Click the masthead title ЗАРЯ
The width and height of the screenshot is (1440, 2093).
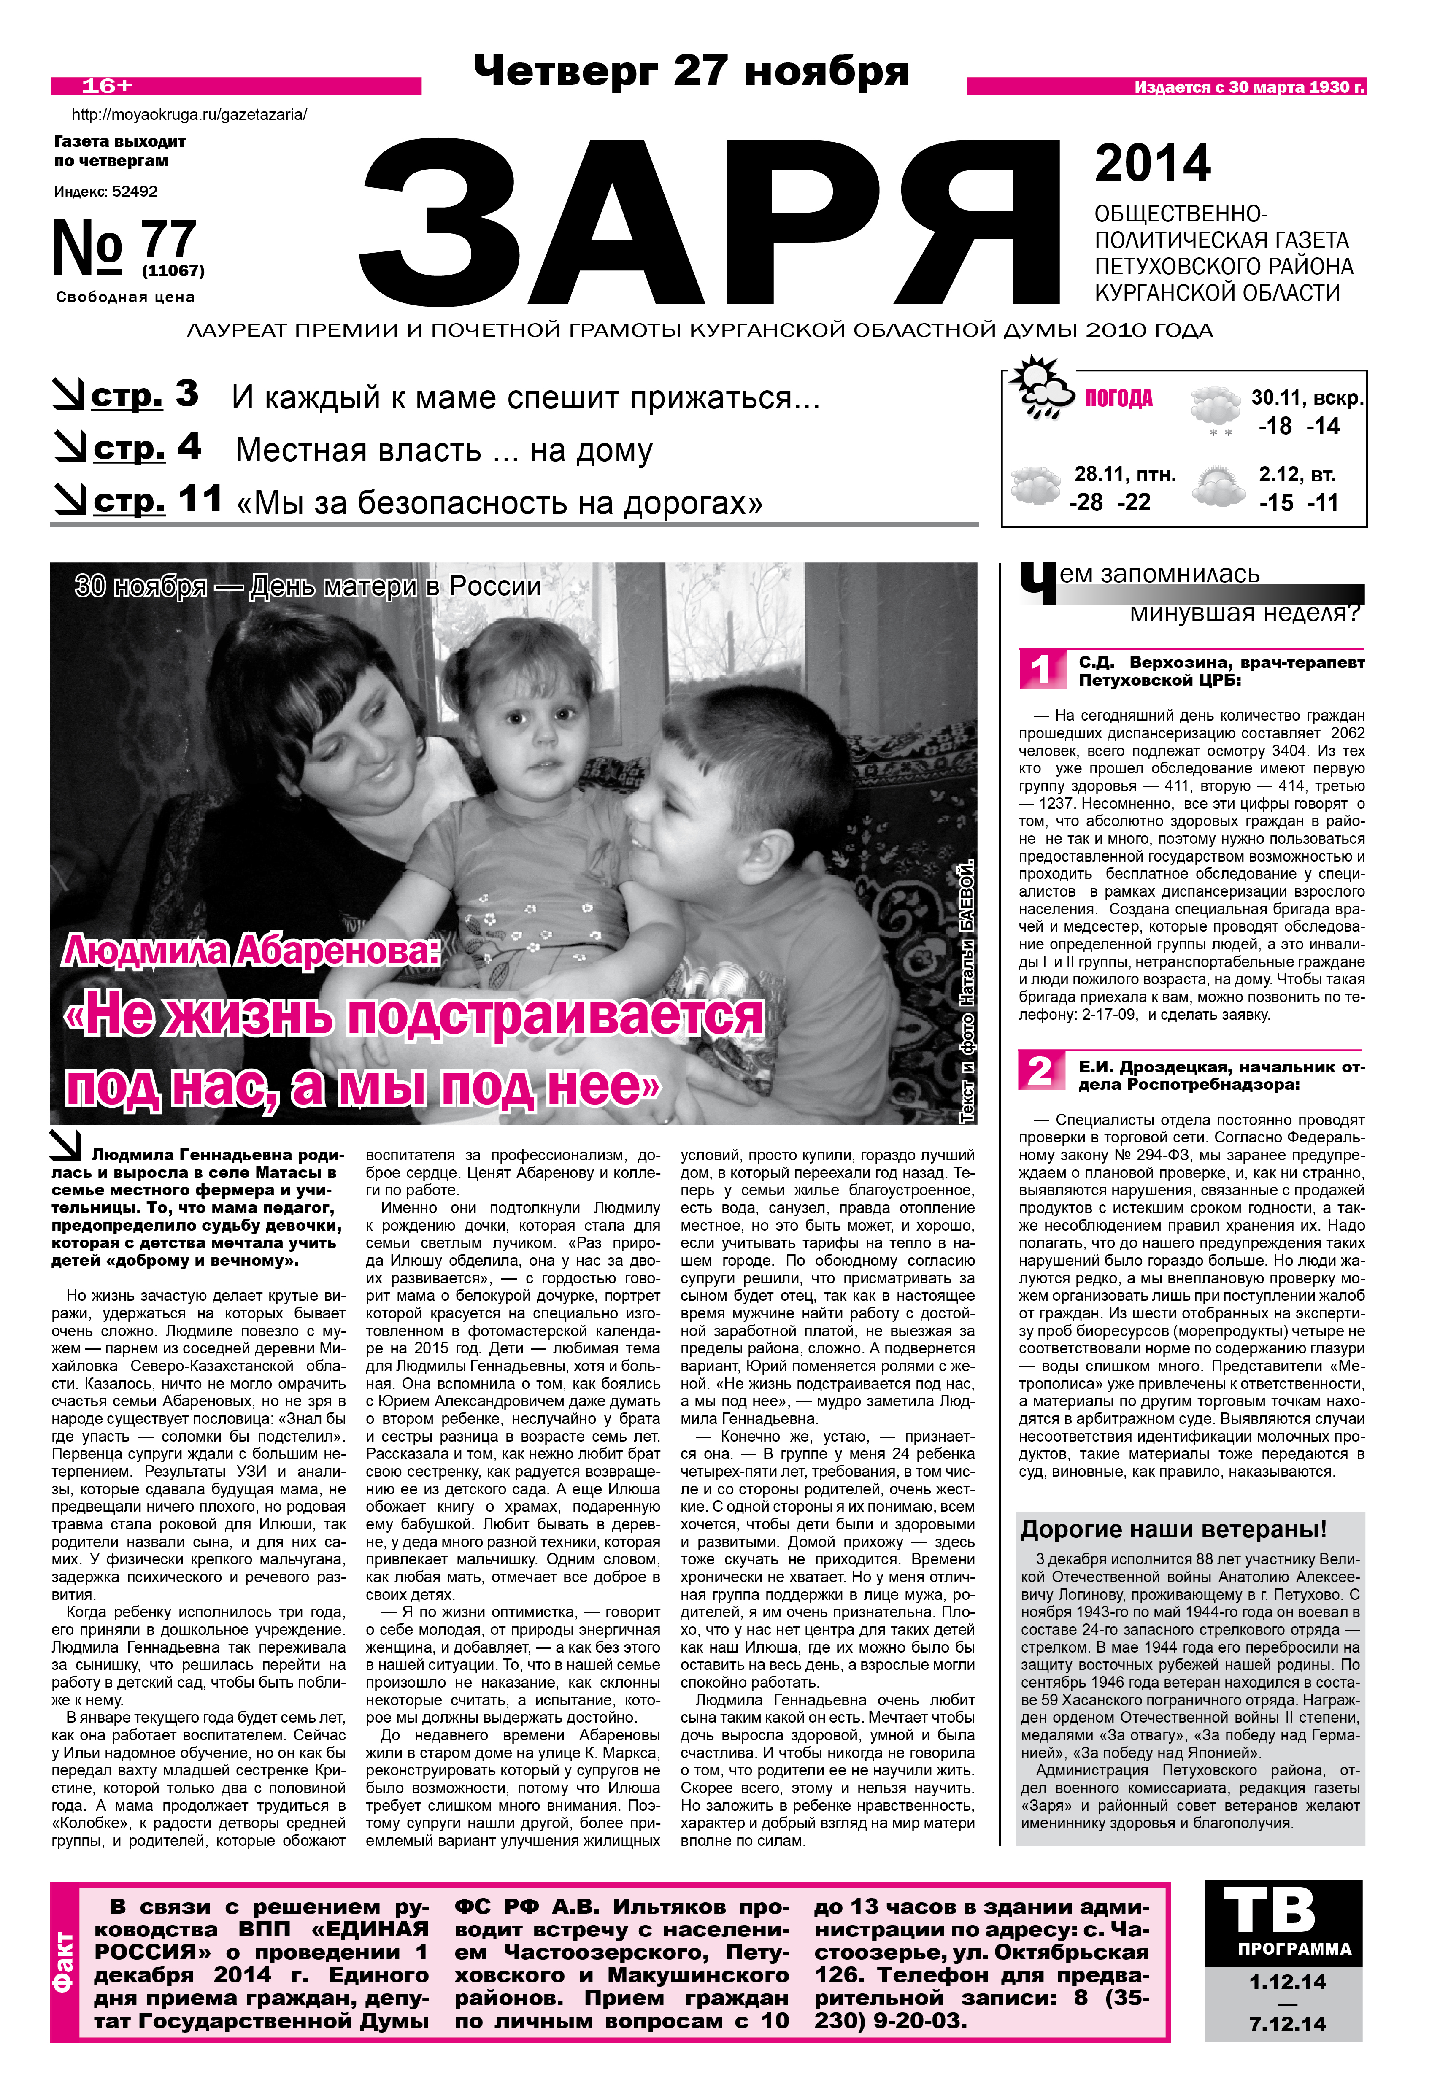pos(711,224)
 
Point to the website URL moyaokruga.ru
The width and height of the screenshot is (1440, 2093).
pos(189,115)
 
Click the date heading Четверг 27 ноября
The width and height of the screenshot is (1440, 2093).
pos(691,71)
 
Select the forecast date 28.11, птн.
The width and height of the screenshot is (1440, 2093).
pos(1124,475)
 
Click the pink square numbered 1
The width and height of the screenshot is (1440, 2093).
pos(1040,669)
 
